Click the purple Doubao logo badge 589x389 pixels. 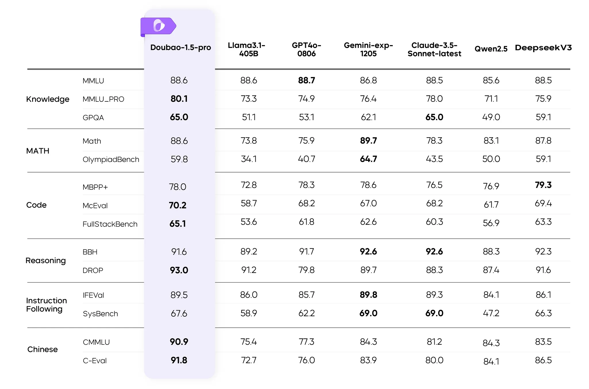[158, 26]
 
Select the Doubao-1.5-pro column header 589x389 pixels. [181, 47]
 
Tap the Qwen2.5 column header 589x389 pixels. [491, 49]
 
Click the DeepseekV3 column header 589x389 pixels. [543, 48]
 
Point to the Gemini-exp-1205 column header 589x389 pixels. [368, 49]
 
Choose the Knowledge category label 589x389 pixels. [48, 99]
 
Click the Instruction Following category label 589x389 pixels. [47, 305]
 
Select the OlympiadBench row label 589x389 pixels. [111, 159]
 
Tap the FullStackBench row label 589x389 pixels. [110, 224]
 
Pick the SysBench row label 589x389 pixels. [100, 314]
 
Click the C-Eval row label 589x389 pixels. [95, 361]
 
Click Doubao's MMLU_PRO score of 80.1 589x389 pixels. [179, 99]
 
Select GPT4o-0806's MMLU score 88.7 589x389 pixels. [307, 80]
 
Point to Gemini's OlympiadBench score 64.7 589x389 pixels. [368, 159]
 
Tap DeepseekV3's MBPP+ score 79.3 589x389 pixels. [543, 185]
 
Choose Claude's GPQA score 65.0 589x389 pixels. [434, 117]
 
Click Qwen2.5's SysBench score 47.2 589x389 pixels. [491, 313]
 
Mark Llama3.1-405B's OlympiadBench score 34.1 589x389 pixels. [249, 159]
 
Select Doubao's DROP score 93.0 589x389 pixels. [179, 270]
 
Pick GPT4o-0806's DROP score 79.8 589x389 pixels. [307, 270]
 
